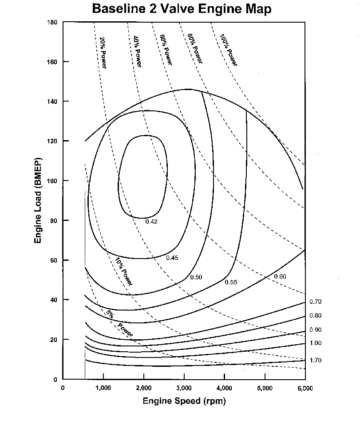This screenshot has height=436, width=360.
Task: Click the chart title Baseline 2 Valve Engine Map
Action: tap(182, 9)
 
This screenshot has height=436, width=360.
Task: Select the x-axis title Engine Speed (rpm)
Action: tap(184, 401)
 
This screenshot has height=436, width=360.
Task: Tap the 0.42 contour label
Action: tap(152, 222)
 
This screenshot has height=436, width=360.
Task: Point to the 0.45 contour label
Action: tap(172, 258)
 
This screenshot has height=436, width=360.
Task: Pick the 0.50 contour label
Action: tap(196, 277)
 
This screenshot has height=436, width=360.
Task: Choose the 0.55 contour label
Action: tap(231, 282)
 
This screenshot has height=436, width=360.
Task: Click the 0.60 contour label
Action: tap(280, 277)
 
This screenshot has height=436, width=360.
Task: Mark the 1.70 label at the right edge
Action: tap(316, 360)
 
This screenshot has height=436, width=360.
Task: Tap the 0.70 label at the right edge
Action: tap(316, 302)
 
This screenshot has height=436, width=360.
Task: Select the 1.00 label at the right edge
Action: tap(316, 343)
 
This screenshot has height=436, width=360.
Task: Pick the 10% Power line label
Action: tap(123, 271)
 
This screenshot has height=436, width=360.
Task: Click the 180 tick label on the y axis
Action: tap(53, 22)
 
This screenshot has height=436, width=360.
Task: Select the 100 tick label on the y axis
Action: tap(53, 181)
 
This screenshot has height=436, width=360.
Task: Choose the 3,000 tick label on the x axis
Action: tap(184, 388)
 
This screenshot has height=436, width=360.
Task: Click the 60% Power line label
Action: tap(166, 50)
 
